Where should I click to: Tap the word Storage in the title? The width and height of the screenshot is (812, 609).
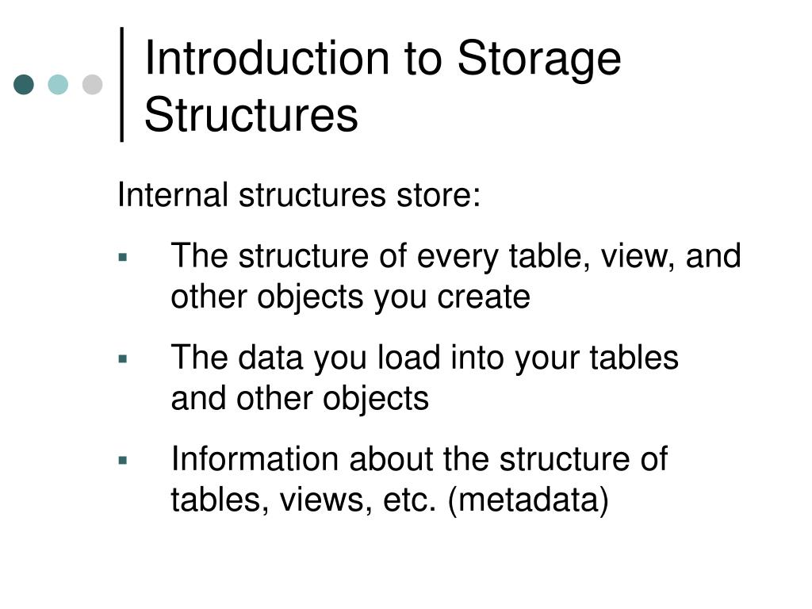pos(539,59)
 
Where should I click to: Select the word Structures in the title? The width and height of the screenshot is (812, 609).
pos(251,115)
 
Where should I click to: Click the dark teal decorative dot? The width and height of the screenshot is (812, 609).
pos(25,85)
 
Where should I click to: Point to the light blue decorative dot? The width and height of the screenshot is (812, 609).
pos(59,85)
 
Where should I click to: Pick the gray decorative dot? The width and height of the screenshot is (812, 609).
pos(93,85)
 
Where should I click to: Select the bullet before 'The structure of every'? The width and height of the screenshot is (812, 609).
pos(123,258)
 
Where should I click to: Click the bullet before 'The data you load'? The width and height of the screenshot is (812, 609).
pos(123,359)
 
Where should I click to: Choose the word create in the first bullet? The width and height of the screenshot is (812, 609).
pos(492,297)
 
